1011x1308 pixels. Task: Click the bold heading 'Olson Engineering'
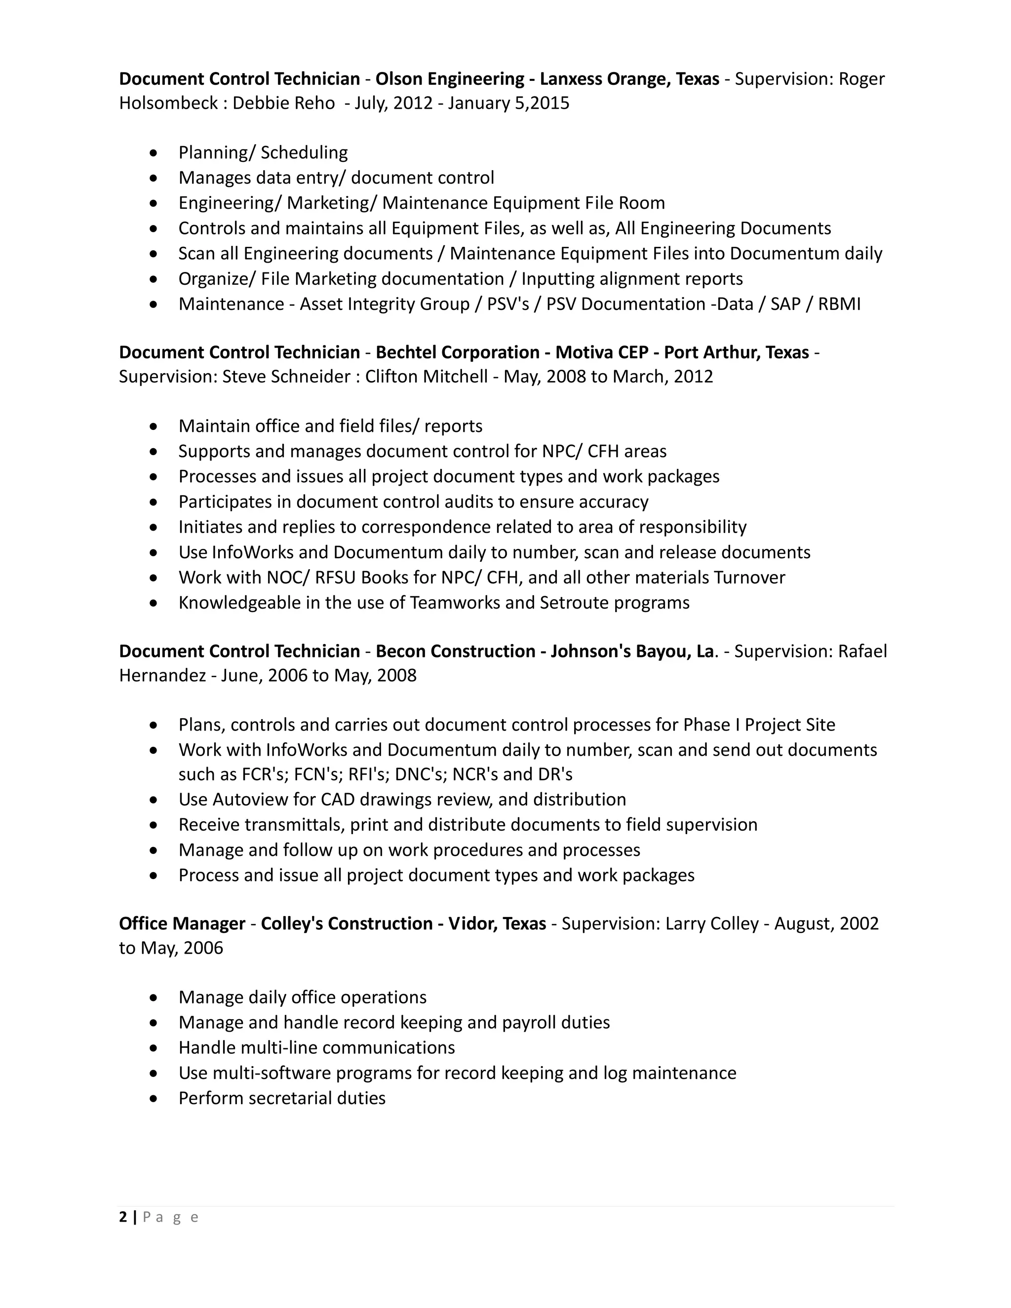pyautogui.click(x=450, y=78)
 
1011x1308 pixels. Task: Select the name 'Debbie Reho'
pyautogui.click(x=283, y=103)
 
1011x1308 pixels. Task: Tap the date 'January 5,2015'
pyautogui.click(x=508, y=103)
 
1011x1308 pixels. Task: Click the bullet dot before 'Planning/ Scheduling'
pyautogui.click(x=154, y=153)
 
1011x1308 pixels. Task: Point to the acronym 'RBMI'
pyautogui.click(x=839, y=304)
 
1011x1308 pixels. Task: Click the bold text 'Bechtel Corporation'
pyautogui.click(x=458, y=352)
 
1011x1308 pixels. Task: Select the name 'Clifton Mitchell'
pyautogui.click(x=427, y=377)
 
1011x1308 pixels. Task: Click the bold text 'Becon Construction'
pyautogui.click(x=455, y=651)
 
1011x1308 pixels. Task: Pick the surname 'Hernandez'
pyautogui.click(x=162, y=676)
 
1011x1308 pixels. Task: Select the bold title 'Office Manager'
pyautogui.click(x=182, y=923)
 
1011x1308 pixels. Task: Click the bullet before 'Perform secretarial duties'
pyautogui.click(x=154, y=1098)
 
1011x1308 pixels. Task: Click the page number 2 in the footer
pyautogui.click(x=123, y=1217)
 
